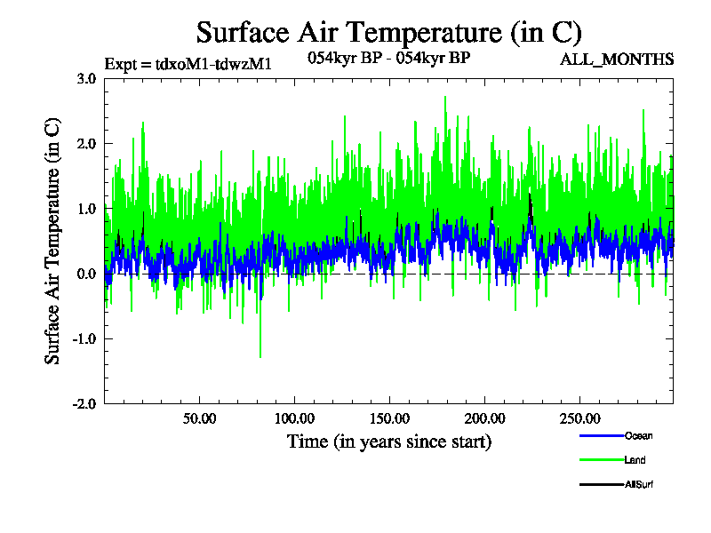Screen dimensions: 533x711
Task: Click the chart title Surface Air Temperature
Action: click(x=388, y=33)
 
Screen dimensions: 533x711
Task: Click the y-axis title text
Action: click(x=53, y=241)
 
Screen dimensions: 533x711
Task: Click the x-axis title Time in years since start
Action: click(x=388, y=441)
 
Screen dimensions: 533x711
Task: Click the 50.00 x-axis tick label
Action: click(x=200, y=418)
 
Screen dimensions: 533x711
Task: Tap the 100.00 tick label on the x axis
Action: click(x=294, y=418)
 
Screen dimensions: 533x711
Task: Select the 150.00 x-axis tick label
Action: click(x=388, y=418)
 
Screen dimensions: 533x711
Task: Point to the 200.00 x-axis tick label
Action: click(x=483, y=418)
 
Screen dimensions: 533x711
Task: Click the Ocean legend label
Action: click(x=638, y=436)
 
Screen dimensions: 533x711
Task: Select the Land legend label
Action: click(x=635, y=460)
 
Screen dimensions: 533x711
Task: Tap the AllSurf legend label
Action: click(x=640, y=484)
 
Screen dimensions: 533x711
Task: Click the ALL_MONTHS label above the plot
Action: click(x=616, y=60)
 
